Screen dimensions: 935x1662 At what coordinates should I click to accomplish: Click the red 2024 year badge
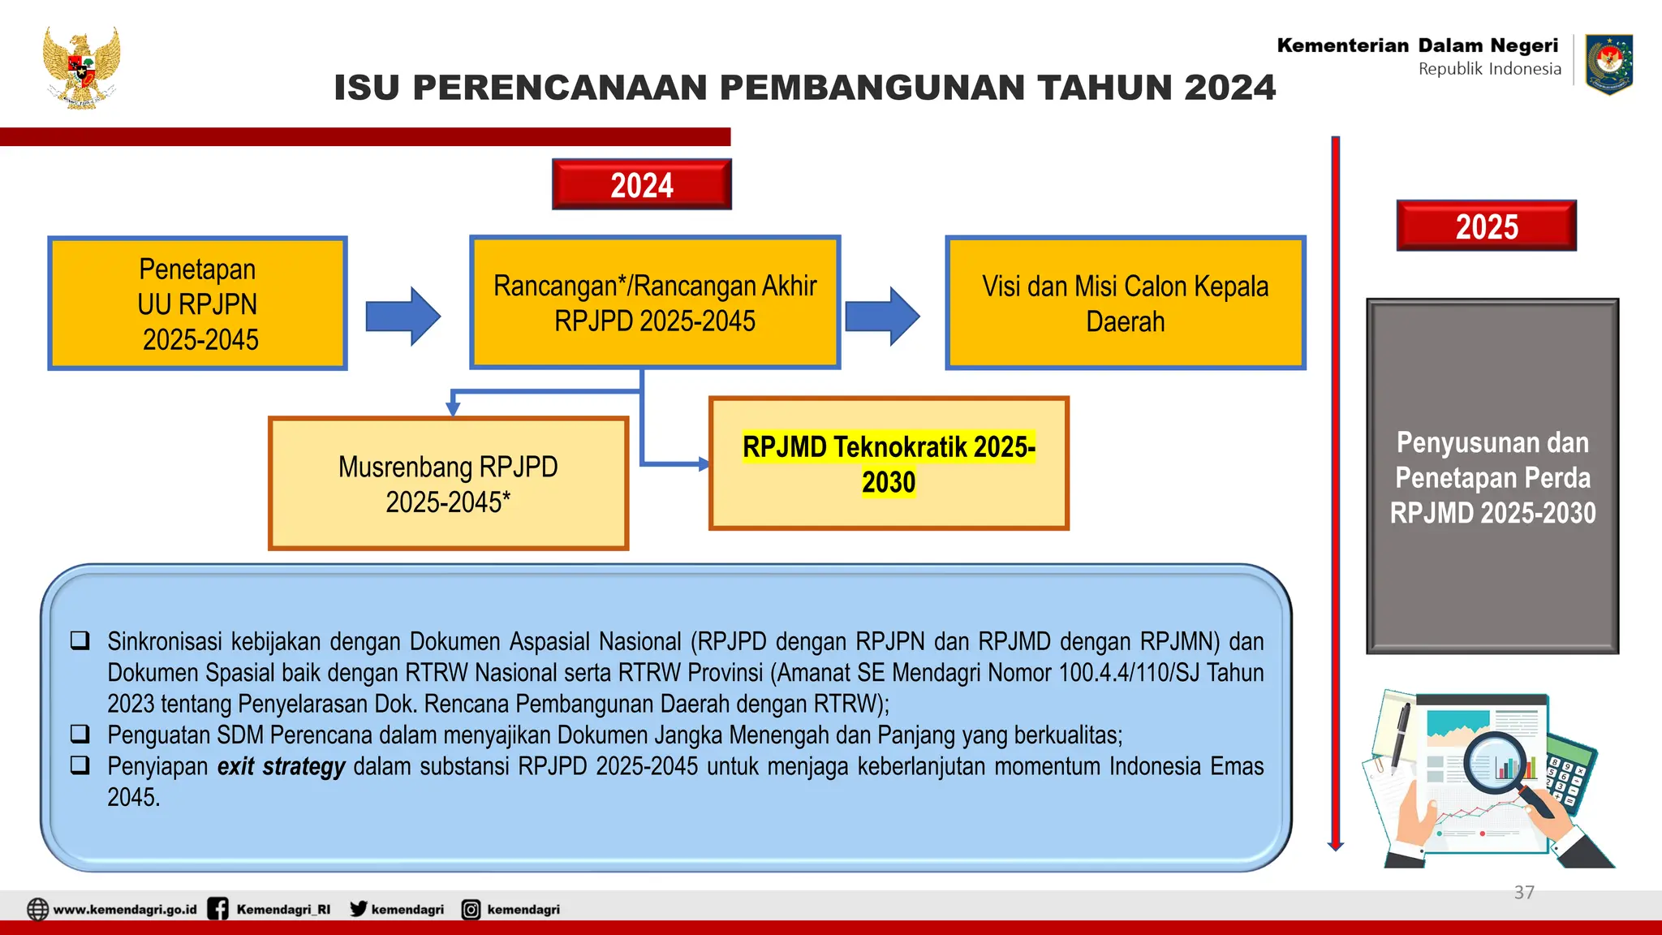click(x=641, y=184)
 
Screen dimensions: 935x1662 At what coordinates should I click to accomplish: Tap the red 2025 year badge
click(x=1486, y=226)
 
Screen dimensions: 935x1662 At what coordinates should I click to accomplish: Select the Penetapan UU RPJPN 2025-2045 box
click(x=197, y=304)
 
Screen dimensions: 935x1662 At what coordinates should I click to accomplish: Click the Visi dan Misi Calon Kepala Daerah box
click(x=1125, y=304)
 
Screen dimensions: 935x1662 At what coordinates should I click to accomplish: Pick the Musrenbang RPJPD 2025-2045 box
click(x=448, y=484)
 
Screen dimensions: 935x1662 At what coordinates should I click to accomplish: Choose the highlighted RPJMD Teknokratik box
click(x=889, y=463)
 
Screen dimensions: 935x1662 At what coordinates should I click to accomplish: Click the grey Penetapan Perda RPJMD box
click(x=1492, y=476)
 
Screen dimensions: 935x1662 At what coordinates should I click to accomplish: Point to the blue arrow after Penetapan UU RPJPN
click(x=403, y=316)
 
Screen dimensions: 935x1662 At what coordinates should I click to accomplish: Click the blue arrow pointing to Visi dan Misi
click(x=883, y=316)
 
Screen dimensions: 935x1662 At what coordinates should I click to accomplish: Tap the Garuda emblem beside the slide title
click(x=81, y=68)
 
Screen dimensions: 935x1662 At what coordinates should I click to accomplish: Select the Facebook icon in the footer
click(x=217, y=909)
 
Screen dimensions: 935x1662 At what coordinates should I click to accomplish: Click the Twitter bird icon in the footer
click(x=358, y=909)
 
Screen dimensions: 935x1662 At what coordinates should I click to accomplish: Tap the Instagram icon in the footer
click(x=471, y=910)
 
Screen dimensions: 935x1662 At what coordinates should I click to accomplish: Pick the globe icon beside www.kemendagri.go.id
click(x=37, y=909)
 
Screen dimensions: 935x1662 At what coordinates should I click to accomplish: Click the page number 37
click(x=1524, y=893)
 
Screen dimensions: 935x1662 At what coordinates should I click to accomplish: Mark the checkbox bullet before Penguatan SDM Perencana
click(x=80, y=734)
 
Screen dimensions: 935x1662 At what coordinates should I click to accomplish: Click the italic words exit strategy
click(x=281, y=766)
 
